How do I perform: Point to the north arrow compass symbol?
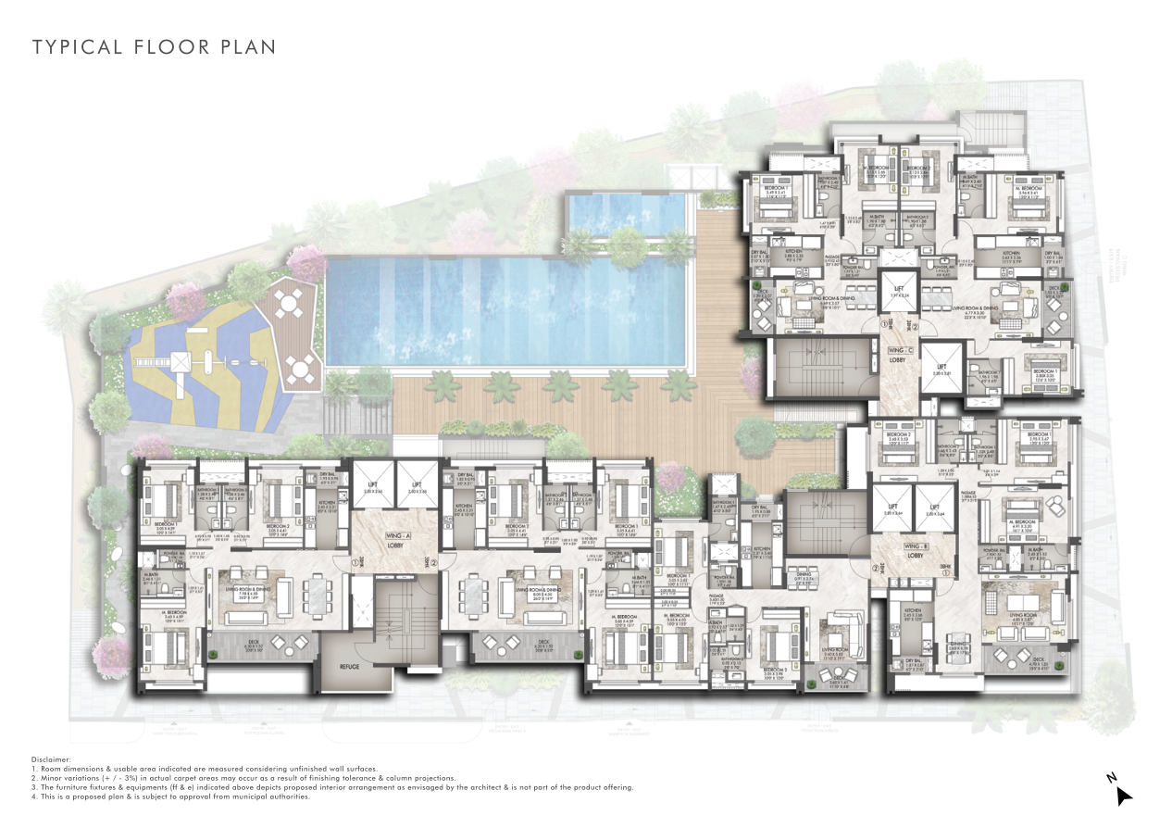(1122, 793)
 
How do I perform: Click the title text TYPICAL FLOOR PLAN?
(154, 46)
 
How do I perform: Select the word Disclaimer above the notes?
(51, 759)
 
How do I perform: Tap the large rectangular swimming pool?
(508, 311)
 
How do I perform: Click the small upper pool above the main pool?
(629, 212)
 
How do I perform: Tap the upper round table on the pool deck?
(290, 303)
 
